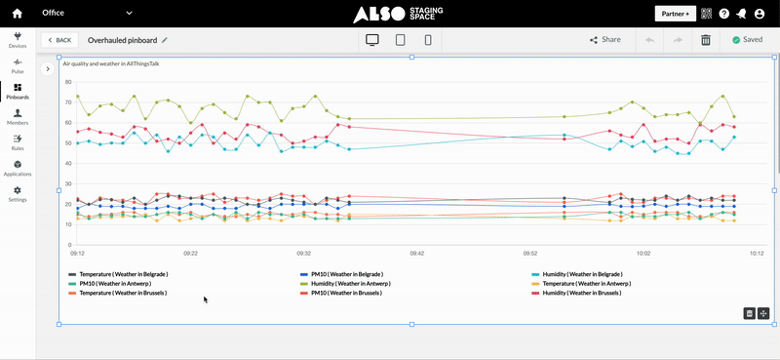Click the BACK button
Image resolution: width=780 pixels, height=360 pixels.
tap(59, 40)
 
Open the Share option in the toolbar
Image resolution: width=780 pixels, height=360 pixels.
tap(604, 40)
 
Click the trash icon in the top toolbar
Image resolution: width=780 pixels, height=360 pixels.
tap(706, 40)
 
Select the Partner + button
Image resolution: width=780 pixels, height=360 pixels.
tap(675, 14)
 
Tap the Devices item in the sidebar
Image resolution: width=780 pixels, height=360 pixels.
tap(18, 40)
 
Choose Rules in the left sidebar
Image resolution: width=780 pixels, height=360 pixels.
tap(18, 142)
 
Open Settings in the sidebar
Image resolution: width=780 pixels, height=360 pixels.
tap(18, 193)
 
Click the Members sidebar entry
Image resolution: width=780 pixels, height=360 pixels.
tap(18, 117)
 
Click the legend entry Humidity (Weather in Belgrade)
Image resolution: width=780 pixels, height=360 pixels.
tap(582, 275)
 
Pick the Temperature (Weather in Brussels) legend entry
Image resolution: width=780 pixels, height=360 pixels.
tap(123, 293)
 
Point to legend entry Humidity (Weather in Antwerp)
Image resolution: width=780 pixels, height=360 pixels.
tap(351, 284)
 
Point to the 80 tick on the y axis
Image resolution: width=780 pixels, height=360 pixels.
tap(67, 81)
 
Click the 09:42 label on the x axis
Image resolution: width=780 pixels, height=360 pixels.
tap(416, 253)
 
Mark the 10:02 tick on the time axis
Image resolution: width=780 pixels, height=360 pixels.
tap(643, 253)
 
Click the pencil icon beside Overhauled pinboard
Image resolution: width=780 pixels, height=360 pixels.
tap(165, 40)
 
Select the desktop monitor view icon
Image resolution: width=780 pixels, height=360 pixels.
tap(371, 40)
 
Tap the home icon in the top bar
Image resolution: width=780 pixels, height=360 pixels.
tap(17, 14)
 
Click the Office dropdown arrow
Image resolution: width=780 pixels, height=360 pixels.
tap(129, 14)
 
